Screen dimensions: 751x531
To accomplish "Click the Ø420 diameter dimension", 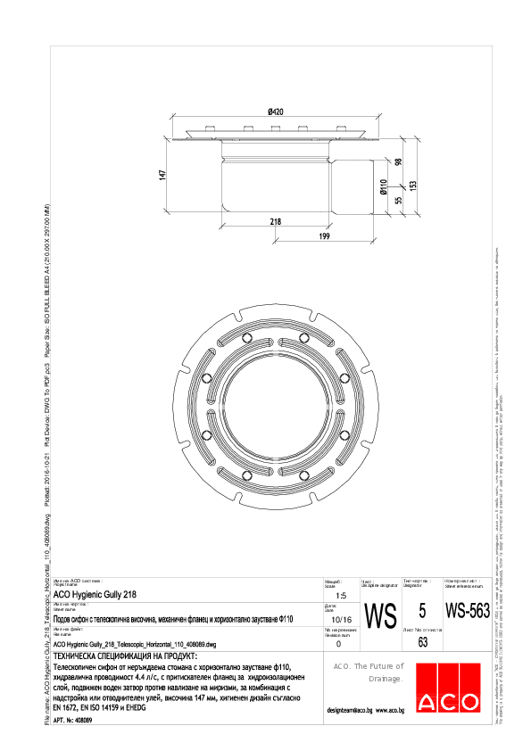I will tap(275, 111).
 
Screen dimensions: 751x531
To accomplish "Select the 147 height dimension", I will tap(164, 176).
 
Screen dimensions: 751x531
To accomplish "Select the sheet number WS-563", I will tap(467, 611).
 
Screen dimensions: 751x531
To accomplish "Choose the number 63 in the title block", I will tap(422, 642).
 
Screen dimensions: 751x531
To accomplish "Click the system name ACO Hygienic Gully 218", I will tap(95, 593).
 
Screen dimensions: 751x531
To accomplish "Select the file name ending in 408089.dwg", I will tap(136, 643).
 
